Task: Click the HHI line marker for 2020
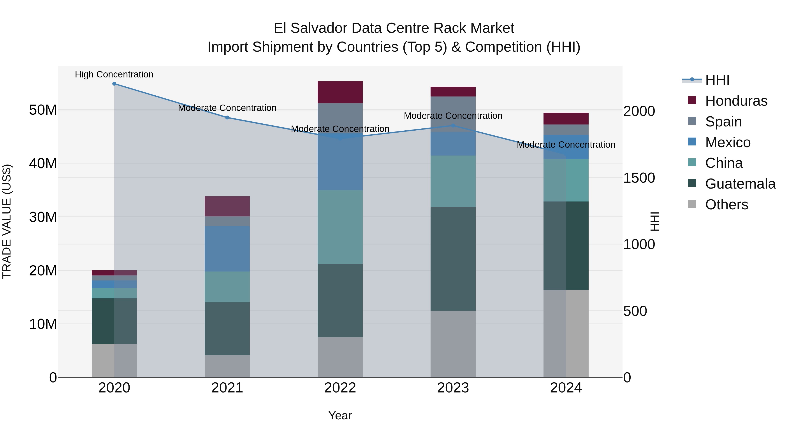(x=114, y=84)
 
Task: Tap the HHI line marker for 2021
(x=227, y=118)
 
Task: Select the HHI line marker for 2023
(x=453, y=126)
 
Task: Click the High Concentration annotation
(x=114, y=75)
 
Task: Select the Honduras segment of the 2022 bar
(x=340, y=92)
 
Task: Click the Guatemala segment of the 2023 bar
(x=453, y=259)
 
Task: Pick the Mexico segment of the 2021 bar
(x=227, y=249)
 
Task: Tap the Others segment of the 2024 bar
(x=566, y=334)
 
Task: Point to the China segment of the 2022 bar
(x=340, y=227)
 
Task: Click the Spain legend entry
(x=723, y=122)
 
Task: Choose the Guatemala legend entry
(x=740, y=184)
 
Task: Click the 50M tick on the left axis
(x=43, y=110)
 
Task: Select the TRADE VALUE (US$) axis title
(x=7, y=221)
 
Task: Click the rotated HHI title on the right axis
(x=654, y=221)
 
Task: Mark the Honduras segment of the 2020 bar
(x=114, y=273)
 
